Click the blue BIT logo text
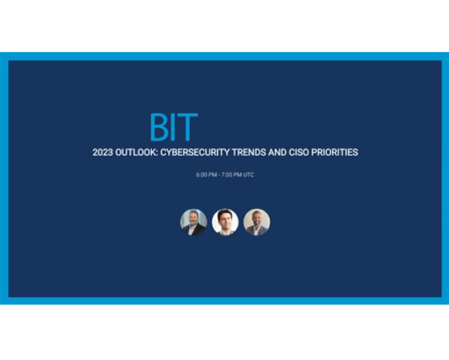(x=173, y=128)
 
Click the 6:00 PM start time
(x=206, y=175)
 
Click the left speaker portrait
(x=193, y=222)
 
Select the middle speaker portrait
(x=224, y=222)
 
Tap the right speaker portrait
(x=257, y=222)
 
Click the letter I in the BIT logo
(x=175, y=128)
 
